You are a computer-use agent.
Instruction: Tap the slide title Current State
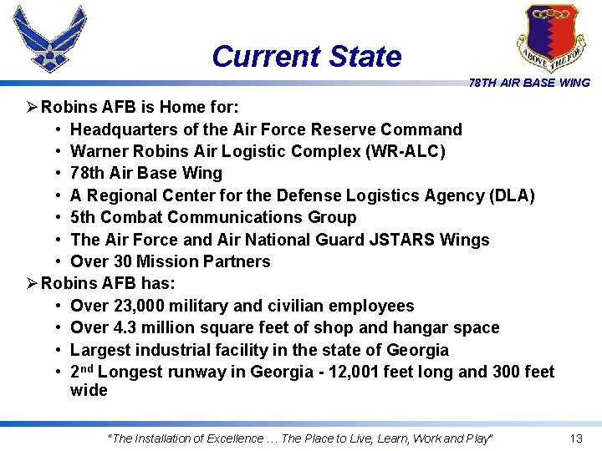click(x=306, y=57)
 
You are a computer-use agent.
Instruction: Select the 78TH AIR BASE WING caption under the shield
click(x=529, y=83)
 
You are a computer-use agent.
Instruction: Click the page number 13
click(x=575, y=438)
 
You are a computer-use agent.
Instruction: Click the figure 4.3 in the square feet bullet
click(x=124, y=327)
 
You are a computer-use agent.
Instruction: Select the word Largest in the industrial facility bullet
click(x=101, y=350)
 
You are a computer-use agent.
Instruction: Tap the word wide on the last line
click(x=89, y=391)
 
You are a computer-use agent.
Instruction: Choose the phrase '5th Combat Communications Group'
click(x=213, y=217)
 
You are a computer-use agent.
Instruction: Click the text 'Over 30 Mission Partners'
click(x=171, y=261)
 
